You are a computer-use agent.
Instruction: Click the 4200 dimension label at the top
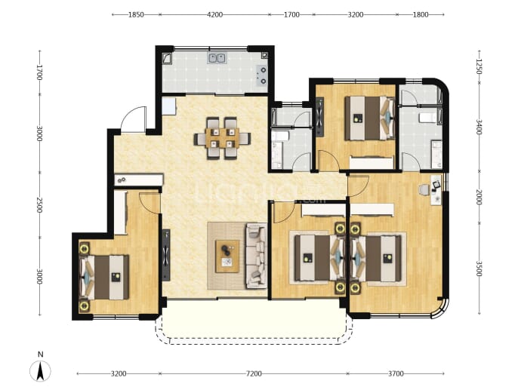point(214,14)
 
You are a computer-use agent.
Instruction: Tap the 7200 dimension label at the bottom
point(254,373)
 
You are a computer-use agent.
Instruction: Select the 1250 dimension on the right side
point(479,66)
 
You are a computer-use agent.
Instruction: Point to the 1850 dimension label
point(136,14)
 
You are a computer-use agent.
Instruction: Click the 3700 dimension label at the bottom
point(396,373)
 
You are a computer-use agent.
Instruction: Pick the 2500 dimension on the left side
point(39,205)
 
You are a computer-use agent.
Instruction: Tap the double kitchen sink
point(217,58)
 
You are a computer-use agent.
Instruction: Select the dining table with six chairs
point(222,138)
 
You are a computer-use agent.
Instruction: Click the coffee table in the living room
point(227,256)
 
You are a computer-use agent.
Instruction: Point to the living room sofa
point(256,256)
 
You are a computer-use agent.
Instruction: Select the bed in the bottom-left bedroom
point(104,277)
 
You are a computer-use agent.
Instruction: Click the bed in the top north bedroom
point(369,118)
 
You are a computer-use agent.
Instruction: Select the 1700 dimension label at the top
point(291,14)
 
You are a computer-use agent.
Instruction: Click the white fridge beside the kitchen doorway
point(168,106)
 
